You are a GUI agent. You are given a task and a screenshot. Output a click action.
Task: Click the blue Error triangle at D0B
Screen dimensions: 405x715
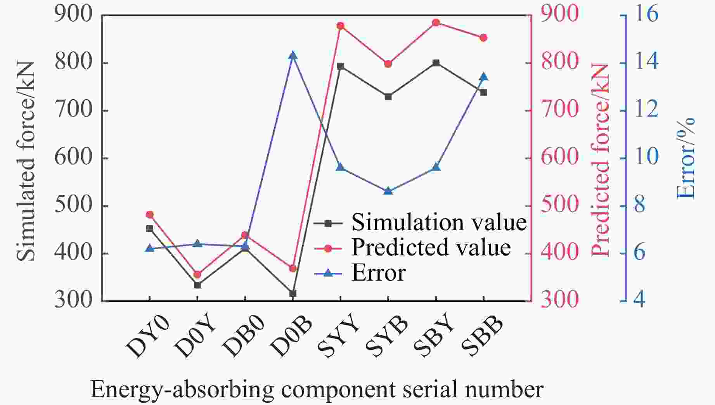293,56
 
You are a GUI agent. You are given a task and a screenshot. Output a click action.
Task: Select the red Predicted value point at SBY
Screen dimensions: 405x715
436,22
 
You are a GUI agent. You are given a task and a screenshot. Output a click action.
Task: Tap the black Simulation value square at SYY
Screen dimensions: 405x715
340,66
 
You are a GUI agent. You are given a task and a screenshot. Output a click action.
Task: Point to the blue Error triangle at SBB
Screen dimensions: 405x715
483,77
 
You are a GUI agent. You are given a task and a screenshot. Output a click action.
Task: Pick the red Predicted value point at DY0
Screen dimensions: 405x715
150,215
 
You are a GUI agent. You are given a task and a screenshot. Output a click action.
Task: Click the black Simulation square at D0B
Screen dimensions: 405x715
293,294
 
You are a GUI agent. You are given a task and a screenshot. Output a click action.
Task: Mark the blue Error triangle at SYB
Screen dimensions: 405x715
388,191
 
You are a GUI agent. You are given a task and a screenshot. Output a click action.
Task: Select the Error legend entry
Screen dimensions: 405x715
378,273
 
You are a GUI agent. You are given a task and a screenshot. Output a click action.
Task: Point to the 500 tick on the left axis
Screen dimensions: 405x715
74,205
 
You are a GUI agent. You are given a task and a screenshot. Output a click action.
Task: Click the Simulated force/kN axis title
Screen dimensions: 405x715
26,161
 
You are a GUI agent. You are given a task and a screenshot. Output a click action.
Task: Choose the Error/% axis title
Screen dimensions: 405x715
686,159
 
